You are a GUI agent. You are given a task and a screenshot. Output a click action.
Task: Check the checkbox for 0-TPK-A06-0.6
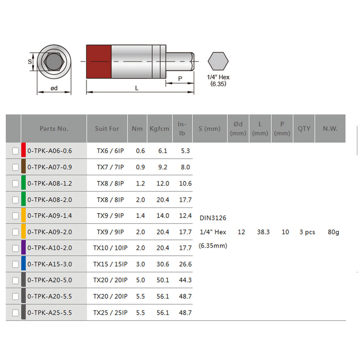[x=15, y=151]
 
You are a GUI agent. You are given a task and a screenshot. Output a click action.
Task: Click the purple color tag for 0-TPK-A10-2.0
[x=23, y=248]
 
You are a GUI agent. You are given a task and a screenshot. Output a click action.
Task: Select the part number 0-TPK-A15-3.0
[x=50, y=264]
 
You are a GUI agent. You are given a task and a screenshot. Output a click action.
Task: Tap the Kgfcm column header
[x=159, y=128]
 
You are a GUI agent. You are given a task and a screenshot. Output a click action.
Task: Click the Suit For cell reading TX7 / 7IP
[x=110, y=167]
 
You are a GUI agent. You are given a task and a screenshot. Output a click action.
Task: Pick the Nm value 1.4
[x=140, y=216]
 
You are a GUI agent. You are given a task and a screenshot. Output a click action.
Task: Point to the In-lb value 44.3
[x=185, y=280]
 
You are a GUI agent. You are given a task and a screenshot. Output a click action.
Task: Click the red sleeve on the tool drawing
[x=99, y=61]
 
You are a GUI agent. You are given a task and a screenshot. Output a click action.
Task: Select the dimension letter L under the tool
[x=137, y=88]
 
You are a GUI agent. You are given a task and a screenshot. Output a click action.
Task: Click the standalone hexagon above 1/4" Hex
[x=218, y=61]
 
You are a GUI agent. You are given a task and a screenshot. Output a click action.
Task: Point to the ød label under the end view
[x=54, y=88]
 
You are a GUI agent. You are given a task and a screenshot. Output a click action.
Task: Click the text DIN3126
[x=213, y=218]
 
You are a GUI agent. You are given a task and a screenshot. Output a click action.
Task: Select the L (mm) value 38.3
[x=263, y=232]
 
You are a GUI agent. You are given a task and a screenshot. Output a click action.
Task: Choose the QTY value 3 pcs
[x=307, y=232]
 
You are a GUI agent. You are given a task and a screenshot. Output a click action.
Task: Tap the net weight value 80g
[x=333, y=232]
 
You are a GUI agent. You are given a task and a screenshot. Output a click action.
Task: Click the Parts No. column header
[x=54, y=128]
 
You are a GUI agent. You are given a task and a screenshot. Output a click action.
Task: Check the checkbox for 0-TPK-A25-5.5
[x=15, y=313]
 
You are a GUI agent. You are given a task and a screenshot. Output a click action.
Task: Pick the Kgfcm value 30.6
[x=163, y=264]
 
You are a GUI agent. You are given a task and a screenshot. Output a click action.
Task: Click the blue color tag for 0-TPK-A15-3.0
[x=23, y=264]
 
